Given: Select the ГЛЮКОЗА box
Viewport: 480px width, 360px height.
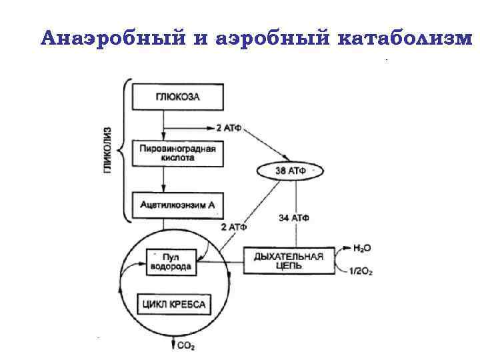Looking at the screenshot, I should (177, 97).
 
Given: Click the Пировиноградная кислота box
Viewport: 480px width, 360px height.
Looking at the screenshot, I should (177, 154).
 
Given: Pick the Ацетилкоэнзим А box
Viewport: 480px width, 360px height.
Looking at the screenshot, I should (177, 205).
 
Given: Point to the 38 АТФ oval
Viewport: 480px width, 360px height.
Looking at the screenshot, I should (290, 171).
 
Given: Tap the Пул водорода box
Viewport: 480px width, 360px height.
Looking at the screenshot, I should (171, 261).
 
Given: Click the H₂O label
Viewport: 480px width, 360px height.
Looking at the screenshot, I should (362, 248).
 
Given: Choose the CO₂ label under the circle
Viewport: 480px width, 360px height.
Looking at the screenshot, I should (186, 345).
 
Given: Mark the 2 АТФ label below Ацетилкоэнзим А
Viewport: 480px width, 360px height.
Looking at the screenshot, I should (233, 227).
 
